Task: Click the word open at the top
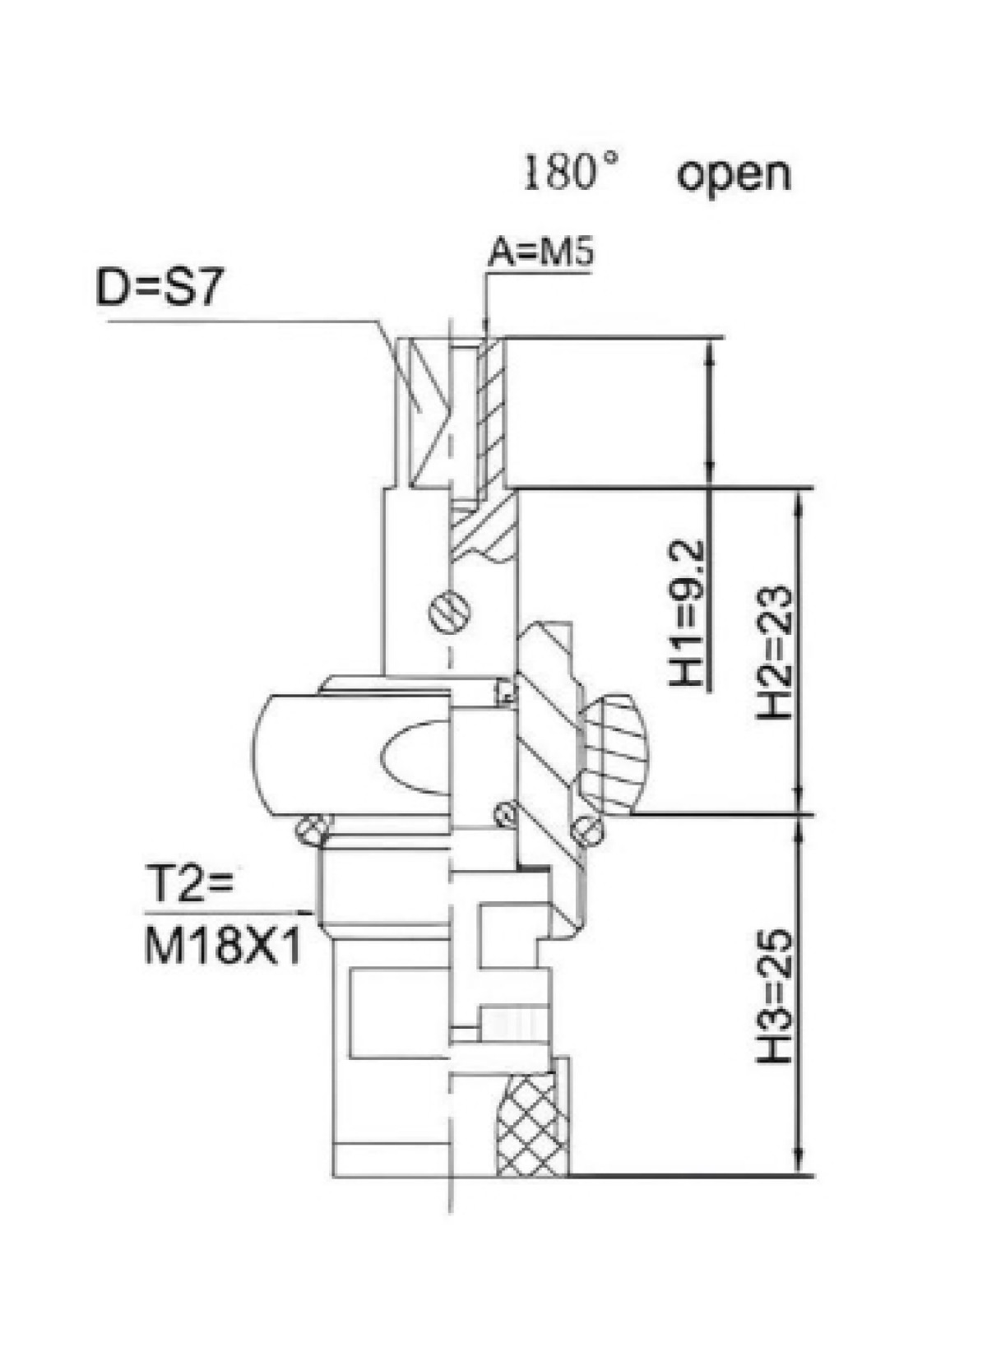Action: [x=733, y=176]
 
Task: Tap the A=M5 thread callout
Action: [x=540, y=254]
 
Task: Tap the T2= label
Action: [x=188, y=891]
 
